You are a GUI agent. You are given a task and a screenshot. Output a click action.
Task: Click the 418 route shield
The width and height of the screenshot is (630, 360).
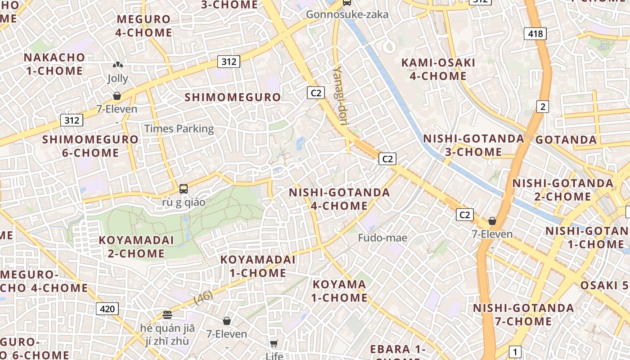point(535,33)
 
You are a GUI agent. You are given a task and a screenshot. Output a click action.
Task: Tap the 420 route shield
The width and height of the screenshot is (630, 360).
point(107,309)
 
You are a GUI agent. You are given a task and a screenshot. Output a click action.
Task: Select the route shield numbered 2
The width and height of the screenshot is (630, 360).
point(543,107)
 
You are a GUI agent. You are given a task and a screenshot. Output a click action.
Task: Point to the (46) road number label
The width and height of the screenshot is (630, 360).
point(203,297)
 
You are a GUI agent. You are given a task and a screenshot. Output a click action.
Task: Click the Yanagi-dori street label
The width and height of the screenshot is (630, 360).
point(341,96)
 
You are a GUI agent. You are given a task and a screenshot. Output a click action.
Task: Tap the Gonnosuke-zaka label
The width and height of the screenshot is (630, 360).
point(347,14)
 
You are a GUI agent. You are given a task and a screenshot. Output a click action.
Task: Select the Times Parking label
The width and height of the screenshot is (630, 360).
point(179,129)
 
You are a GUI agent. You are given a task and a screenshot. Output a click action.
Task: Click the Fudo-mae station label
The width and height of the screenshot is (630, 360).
point(382,238)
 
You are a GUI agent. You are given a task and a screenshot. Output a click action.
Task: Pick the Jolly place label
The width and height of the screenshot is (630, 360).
point(117,78)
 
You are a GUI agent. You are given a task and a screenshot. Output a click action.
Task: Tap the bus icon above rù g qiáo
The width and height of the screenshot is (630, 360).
point(184,189)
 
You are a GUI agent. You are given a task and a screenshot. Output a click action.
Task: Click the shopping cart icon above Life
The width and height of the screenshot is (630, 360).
point(274,344)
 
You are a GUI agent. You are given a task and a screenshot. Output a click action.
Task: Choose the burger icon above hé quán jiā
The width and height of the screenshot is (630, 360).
point(167,315)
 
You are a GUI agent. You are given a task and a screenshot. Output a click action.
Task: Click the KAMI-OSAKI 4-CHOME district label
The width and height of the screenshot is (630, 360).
point(438,69)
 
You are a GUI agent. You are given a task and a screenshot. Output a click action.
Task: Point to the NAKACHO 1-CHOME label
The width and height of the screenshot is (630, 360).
point(54,64)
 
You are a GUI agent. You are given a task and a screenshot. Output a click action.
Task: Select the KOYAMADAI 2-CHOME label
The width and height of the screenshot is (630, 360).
point(136,247)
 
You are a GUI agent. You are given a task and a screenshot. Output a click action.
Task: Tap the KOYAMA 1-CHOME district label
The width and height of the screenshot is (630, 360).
point(340,291)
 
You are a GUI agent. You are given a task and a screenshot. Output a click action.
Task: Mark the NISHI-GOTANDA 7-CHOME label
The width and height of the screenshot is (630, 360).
point(523,315)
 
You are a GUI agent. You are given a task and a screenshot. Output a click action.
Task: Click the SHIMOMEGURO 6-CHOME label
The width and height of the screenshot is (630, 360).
point(90,146)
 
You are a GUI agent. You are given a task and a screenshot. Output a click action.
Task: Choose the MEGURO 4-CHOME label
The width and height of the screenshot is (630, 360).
point(144,26)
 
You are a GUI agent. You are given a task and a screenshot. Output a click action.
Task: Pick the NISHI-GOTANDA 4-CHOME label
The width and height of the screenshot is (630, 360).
point(339,199)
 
